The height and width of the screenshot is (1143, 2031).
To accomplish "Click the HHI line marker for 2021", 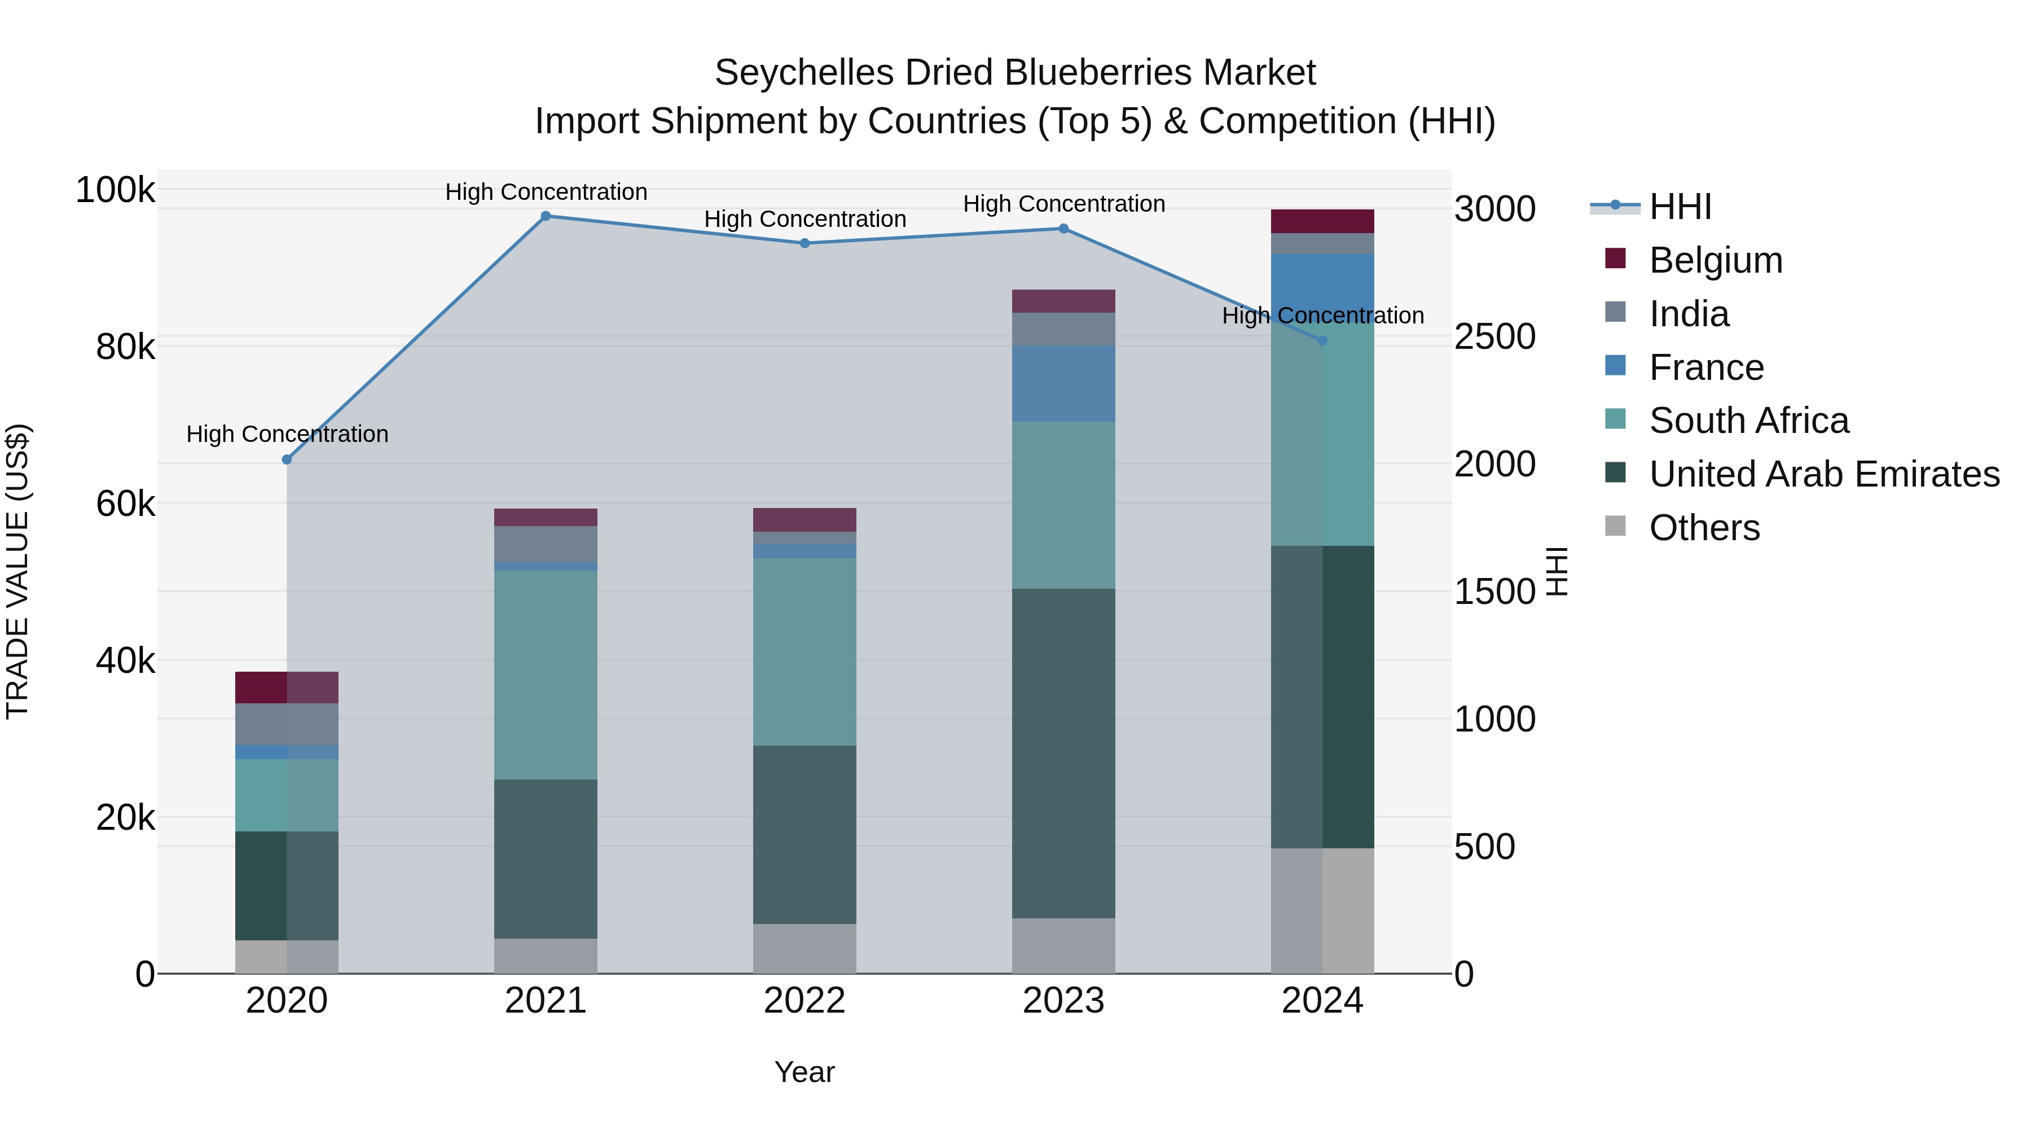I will click(546, 216).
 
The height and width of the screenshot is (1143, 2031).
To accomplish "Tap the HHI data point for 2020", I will click(287, 460).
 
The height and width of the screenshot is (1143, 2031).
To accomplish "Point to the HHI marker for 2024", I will click(1323, 341).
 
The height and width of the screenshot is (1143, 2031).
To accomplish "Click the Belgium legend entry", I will click(1716, 260).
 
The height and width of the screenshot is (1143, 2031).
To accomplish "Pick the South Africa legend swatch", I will click(1616, 419).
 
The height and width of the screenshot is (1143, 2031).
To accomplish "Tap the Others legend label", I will click(1704, 528).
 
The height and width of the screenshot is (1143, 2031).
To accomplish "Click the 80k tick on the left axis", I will click(125, 347).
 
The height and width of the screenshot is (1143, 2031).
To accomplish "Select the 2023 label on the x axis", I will click(1063, 1001).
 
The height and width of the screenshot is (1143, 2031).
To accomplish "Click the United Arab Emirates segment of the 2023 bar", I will click(1063, 754).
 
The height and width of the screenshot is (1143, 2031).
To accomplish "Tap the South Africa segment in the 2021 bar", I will click(546, 675).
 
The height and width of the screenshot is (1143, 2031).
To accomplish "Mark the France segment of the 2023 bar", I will click(1063, 383).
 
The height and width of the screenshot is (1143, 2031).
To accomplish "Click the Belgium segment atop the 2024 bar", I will click(1323, 222).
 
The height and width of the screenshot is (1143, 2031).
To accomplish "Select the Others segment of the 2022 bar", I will click(805, 948).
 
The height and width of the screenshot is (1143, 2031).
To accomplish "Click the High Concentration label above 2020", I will click(287, 435).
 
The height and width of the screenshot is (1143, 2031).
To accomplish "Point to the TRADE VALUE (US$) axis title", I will click(17, 572).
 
